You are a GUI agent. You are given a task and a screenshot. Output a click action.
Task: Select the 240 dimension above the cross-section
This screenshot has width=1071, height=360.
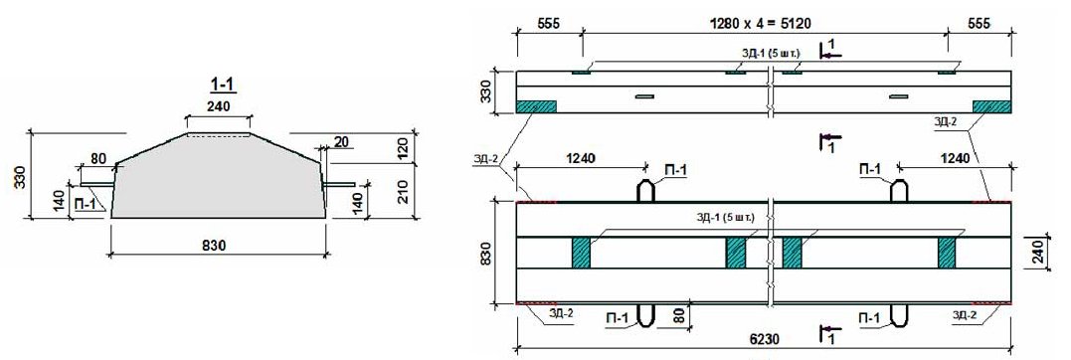(x=218, y=105)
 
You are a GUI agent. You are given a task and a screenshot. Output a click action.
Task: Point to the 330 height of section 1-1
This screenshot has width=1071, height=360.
(x=21, y=174)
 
